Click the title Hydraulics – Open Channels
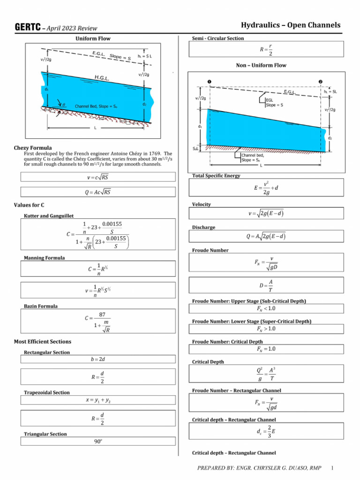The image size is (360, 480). (291, 25)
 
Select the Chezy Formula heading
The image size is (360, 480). (33, 148)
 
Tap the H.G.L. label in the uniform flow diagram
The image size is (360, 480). (102, 78)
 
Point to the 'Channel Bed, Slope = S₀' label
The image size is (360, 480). (96, 106)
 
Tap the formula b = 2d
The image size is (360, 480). (98, 359)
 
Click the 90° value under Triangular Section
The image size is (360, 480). (98, 441)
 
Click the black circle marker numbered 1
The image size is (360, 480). (209, 82)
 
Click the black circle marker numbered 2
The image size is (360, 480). (321, 82)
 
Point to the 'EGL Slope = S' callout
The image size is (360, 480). (274, 102)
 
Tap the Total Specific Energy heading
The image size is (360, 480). (216, 176)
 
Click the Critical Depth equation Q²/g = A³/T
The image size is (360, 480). (266, 375)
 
